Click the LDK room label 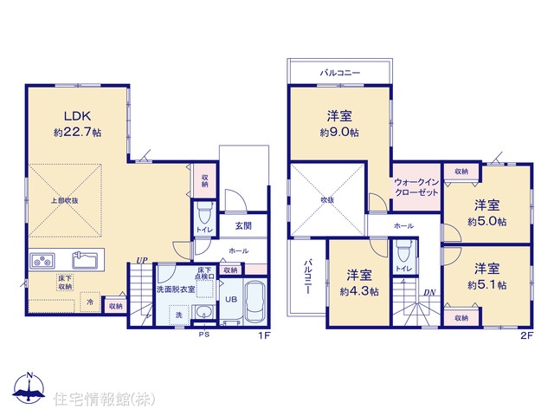click(77, 115)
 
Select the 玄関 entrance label click(243, 225)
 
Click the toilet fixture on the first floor click(204, 211)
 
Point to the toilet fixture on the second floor click(404, 250)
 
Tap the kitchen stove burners click(42, 261)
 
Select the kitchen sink click(85, 260)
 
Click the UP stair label click(142, 261)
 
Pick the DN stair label click(429, 293)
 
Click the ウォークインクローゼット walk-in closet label click(416, 187)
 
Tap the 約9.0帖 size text click(339, 133)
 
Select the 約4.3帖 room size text click(359, 291)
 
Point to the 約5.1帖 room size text click(486, 285)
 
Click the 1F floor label click(264, 335)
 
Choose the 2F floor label click(526, 335)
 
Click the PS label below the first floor click(204, 335)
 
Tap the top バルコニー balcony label click(340, 73)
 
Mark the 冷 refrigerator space click(90, 302)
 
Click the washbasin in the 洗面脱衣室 click(203, 313)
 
